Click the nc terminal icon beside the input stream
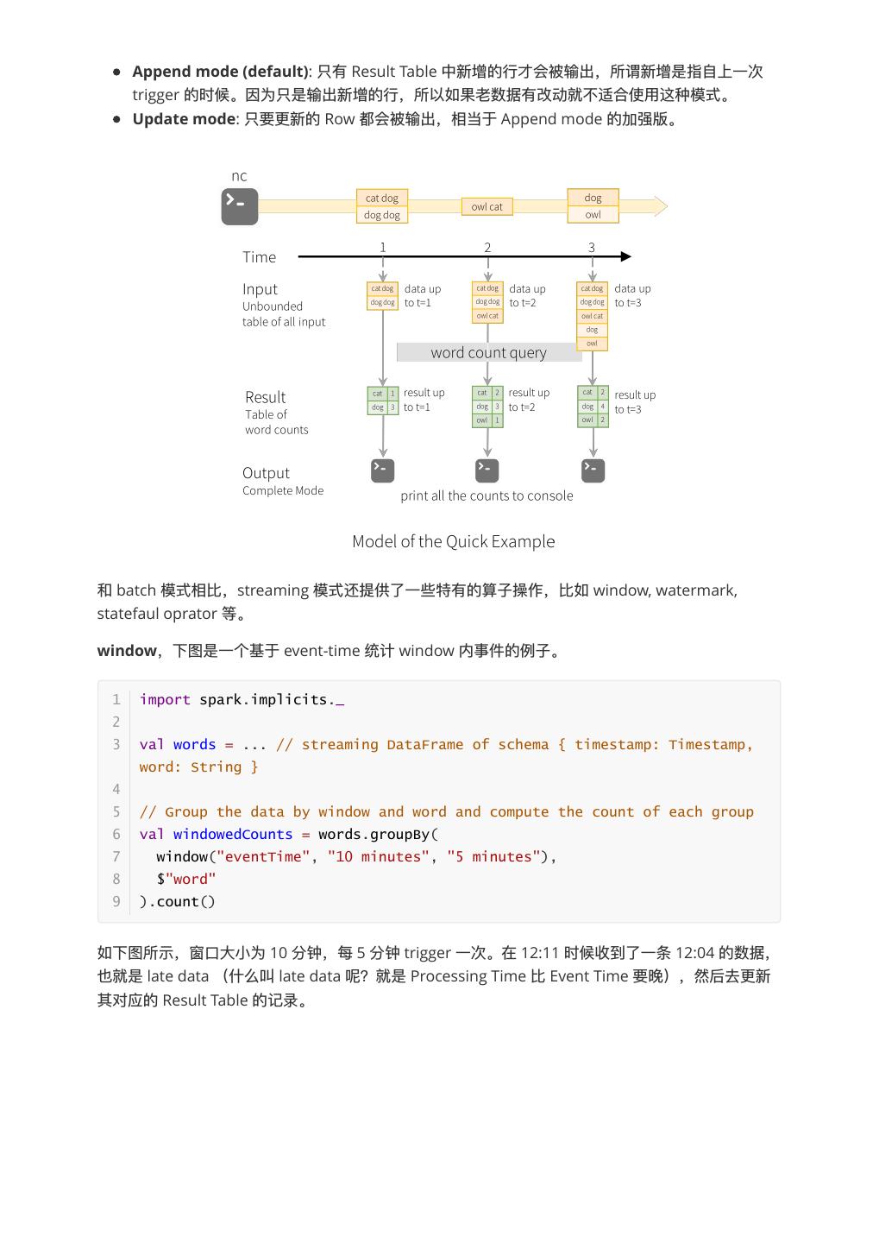[239, 206]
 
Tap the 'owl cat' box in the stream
[487, 206]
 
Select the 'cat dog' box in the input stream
[382, 198]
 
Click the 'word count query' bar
[488, 352]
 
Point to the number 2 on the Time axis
[487, 247]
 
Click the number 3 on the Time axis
[592, 247]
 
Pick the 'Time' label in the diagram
[259, 257]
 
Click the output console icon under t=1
[382, 470]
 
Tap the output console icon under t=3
[593, 470]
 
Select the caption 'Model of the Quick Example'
[453, 541]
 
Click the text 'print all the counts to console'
[487, 495]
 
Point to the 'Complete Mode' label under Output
[283, 490]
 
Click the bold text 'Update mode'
[184, 119]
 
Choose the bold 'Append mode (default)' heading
[220, 72]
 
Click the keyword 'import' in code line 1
[165, 700]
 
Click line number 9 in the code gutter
[116, 902]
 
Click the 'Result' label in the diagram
[265, 397]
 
